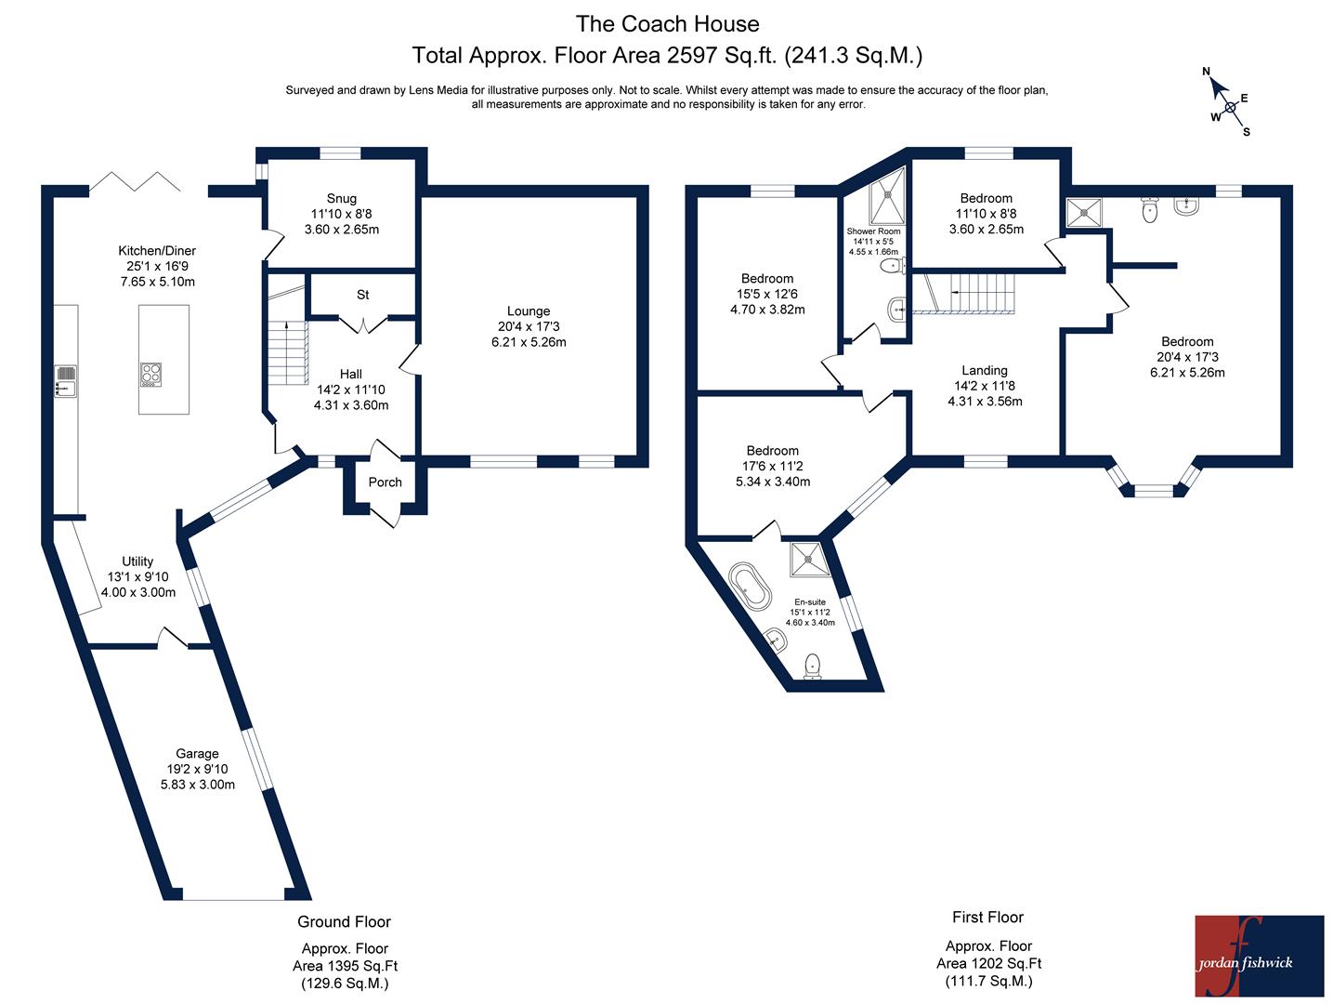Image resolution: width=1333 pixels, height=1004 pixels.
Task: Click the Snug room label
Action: click(341, 199)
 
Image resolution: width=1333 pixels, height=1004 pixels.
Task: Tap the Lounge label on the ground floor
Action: click(529, 311)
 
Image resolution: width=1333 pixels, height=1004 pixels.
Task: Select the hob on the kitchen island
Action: click(151, 375)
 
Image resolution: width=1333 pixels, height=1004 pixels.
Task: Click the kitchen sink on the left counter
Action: click(66, 381)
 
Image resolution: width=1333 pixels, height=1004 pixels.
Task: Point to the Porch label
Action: click(385, 482)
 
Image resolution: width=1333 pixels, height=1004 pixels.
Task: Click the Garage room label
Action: click(197, 754)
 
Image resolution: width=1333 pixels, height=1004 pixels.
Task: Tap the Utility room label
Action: click(137, 561)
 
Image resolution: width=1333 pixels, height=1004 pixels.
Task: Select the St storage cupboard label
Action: click(362, 295)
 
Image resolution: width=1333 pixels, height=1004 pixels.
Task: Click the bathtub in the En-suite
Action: click(750, 587)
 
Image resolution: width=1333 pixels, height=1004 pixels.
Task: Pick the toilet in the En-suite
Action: click(812, 667)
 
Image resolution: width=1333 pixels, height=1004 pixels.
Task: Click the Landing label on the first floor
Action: click(985, 371)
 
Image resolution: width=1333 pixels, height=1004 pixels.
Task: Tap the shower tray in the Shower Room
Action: click(886, 196)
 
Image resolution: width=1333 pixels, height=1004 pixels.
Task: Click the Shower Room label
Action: click(873, 231)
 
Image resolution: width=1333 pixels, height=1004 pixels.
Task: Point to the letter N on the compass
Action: click(1206, 72)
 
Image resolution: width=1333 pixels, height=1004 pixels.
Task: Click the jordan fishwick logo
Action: click(1259, 956)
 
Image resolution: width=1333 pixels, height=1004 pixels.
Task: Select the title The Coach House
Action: click(667, 24)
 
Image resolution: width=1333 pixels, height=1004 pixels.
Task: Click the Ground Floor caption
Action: click(344, 921)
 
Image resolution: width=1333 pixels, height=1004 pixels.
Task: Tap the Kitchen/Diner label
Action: click(157, 251)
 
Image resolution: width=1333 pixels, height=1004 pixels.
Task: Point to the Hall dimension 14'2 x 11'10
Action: click(351, 390)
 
